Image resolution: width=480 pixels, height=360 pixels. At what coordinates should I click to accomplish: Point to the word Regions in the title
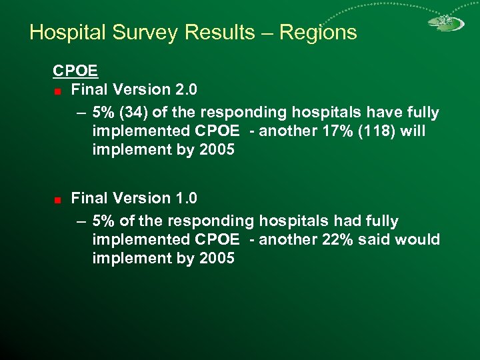(x=319, y=32)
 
